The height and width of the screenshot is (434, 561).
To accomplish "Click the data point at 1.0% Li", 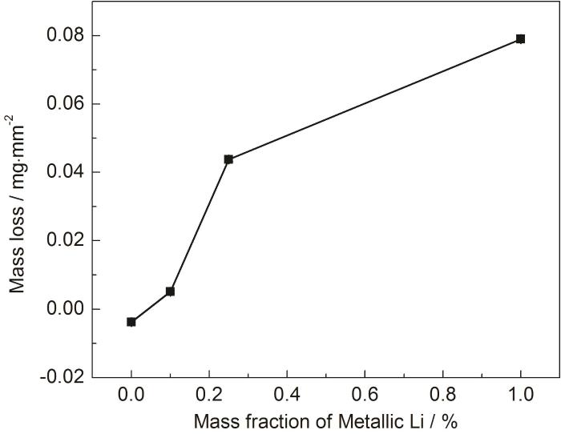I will click(x=520, y=38).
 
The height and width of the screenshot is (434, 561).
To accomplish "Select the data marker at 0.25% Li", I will click(x=228, y=159).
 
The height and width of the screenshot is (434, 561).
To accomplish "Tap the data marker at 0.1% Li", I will click(x=170, y=291).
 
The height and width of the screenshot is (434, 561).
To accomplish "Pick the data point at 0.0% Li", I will click(x=131, y=322).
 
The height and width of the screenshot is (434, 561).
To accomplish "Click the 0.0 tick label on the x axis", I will click(x=131, y=395).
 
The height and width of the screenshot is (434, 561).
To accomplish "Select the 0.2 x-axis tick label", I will click(x=209, y=395).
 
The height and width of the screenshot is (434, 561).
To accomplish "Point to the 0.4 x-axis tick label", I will click(x=287, y=395).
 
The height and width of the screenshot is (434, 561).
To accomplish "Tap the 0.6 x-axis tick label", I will click(x=365, y=395).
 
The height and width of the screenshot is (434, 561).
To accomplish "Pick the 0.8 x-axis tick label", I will click(x=442, y=395).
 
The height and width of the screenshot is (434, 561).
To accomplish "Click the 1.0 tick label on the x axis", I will click(x=520, y=395).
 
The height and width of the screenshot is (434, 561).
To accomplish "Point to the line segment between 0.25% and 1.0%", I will click(x=374, y=98).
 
